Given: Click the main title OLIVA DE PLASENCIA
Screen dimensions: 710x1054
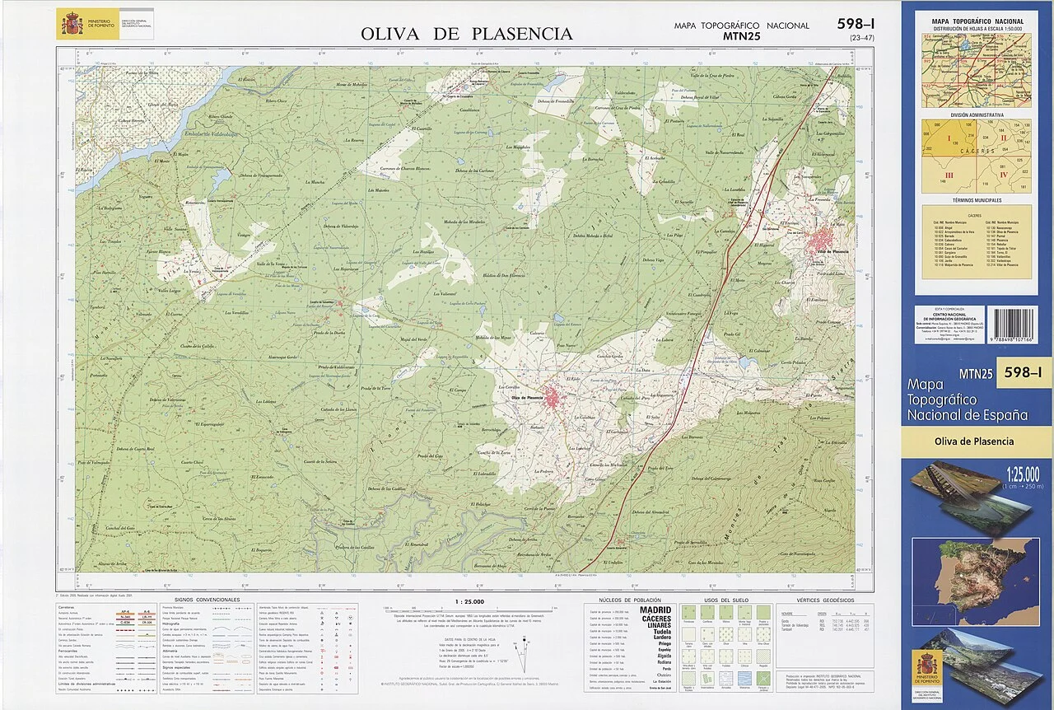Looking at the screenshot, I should (x=466, y=34).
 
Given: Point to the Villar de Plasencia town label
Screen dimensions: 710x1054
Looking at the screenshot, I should (x=832, y=250).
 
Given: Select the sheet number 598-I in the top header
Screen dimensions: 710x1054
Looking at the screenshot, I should (x=856, y=24).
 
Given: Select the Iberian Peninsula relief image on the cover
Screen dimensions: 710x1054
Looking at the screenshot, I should (x=976, y=570).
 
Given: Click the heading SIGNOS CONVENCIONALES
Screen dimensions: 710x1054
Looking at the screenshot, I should (x=207, y=600).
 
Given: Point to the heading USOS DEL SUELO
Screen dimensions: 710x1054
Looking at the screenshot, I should (x=727, y=600).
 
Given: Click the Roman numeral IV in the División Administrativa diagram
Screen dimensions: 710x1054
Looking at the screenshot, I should (x=1003, y=175).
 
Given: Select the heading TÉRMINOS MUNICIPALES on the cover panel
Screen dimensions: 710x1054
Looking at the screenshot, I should (x=977, y=200).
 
